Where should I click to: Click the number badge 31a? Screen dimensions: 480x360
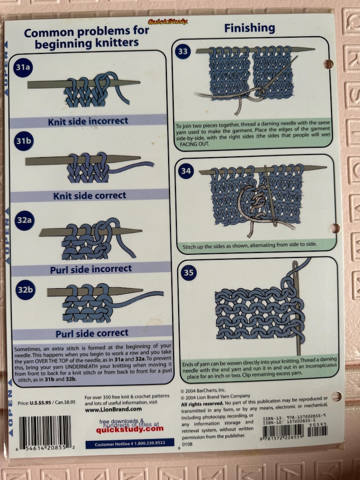pyautogui.click(x=23, y=68)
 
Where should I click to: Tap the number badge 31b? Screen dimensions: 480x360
pyautogui.click(x=23, y=141)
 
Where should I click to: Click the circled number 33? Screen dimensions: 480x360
pyautogui.click(x=183, y=52)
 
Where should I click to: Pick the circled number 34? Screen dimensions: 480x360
pyautogui.click(x=186, y=171)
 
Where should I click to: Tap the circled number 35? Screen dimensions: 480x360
pyautogui.click(x=188, y=272)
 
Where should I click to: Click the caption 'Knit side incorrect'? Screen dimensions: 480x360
pyautogui.click(x=88, y=121)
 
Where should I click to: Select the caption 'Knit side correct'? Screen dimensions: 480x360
pyautogui.click(x=89, y=196)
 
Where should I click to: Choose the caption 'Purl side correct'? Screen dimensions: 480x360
pyautogui.click(x=92, y=334)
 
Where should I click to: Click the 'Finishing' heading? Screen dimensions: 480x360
pyautogui.click(x=249, y=28)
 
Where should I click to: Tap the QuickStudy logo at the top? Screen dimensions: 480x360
pyautogui.click(x=167, y=21)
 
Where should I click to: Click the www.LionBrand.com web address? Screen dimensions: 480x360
pyautogui.click(x=107, y=409)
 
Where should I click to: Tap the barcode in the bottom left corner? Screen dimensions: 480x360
pyautogui.click(x=44, y=433)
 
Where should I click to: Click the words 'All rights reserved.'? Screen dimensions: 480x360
pyautogui.click(x=202, y=403)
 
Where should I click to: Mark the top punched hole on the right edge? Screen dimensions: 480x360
pyautogui.click(x=328, y=64)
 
